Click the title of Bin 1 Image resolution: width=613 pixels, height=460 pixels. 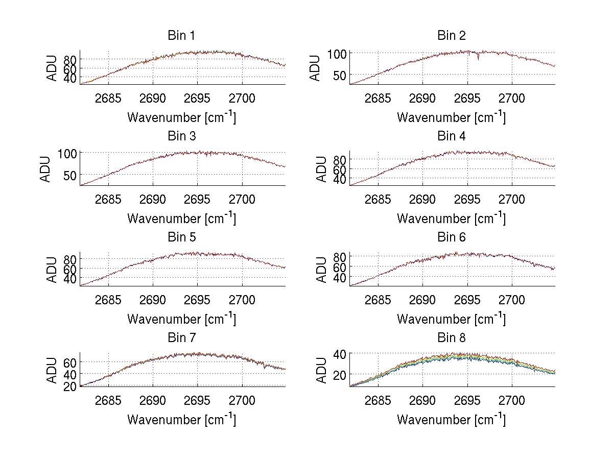[x=181, y=36]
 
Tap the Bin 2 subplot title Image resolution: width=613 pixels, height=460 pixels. [x=452, y=36]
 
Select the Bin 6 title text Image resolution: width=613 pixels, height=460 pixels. [x=452, y=237]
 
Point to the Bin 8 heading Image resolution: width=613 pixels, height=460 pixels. [x=452, y=338]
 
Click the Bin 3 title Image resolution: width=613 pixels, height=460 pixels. [x=181, y=136]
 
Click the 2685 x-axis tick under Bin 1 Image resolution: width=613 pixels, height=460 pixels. [x=108, y=98]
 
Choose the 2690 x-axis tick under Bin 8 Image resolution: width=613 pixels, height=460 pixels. [x=422, y=400]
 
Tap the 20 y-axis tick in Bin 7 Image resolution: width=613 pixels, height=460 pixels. [x=70, y=386]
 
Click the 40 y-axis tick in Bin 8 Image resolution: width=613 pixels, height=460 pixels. [x=340, y=353]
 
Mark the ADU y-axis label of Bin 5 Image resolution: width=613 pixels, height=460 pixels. [x=52, y=269]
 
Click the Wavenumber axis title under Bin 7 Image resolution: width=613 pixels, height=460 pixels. [x=181, y=419]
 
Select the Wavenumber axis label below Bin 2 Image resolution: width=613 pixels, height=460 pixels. [x=451, y=117]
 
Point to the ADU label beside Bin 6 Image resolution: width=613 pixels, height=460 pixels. [x=321, y=269]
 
